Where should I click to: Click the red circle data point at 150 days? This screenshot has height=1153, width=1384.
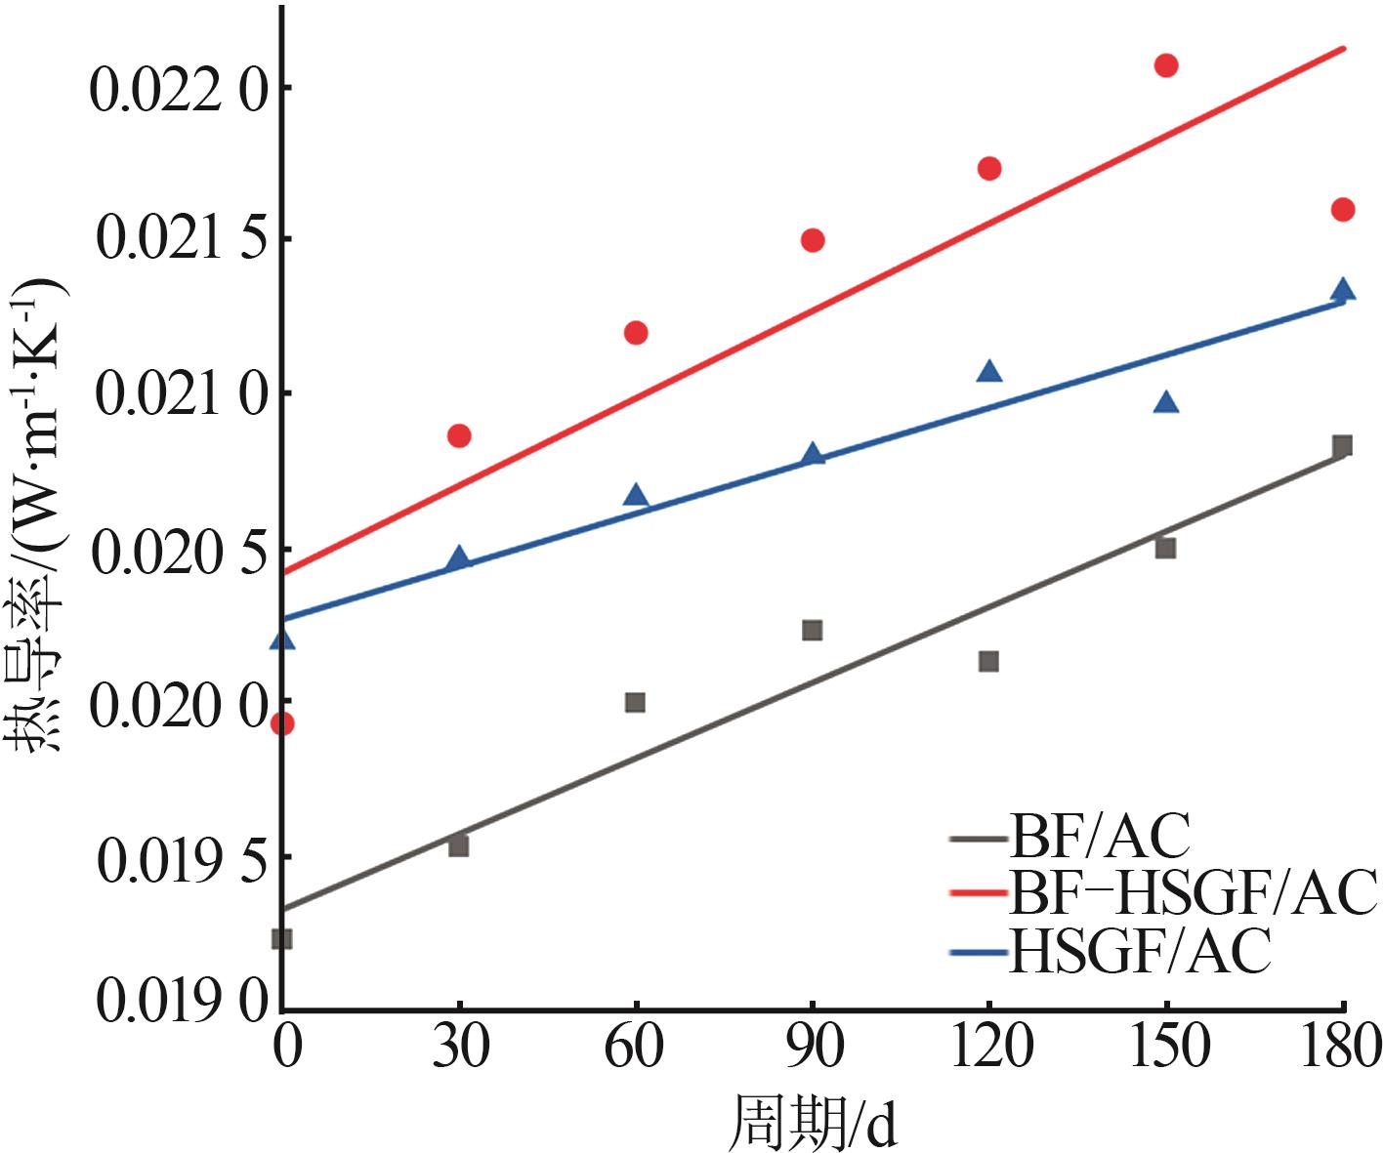coord(1165,65)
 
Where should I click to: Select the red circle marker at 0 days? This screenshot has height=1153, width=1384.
coord(282,723)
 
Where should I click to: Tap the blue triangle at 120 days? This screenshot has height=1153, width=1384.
coord(989,371)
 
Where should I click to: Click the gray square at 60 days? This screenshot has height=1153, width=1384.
coord(635,702)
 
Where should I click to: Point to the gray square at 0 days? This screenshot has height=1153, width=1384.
coord(282,938)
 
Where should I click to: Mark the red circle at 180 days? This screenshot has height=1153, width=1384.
coord(1343,209)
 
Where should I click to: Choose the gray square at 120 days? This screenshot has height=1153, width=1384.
coord(988,661)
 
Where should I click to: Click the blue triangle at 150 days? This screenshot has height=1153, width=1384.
coord(1165,402)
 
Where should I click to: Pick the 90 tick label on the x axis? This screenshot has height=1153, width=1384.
coord(812,1048)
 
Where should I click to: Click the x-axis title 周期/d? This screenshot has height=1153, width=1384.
coord(813,1123)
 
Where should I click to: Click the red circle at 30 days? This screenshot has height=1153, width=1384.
coord(459,435)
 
